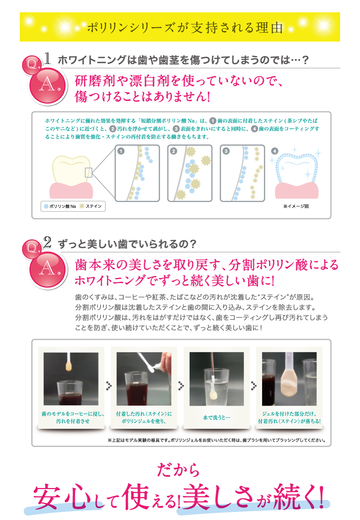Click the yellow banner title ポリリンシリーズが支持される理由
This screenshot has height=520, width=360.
click(185, 28)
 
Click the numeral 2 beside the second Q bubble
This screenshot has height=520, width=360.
click(47, 242)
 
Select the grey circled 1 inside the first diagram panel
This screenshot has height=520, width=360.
click(121, 151)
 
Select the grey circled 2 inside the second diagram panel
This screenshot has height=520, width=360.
click(174, 151)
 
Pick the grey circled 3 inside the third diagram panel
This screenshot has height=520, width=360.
click(226, 151)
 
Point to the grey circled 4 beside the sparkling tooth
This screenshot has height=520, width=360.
click(275, 151)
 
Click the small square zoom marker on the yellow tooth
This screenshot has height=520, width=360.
click(88, 172)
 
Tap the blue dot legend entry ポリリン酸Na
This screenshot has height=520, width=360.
click(60, 206)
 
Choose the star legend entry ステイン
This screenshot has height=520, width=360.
click(90, 206)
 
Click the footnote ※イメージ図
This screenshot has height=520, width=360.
click(296, 206)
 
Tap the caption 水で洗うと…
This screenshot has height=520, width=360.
click(217, 417)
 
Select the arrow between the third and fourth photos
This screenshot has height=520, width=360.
click(254, 386)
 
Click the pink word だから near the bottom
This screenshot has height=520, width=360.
click(178, 470)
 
